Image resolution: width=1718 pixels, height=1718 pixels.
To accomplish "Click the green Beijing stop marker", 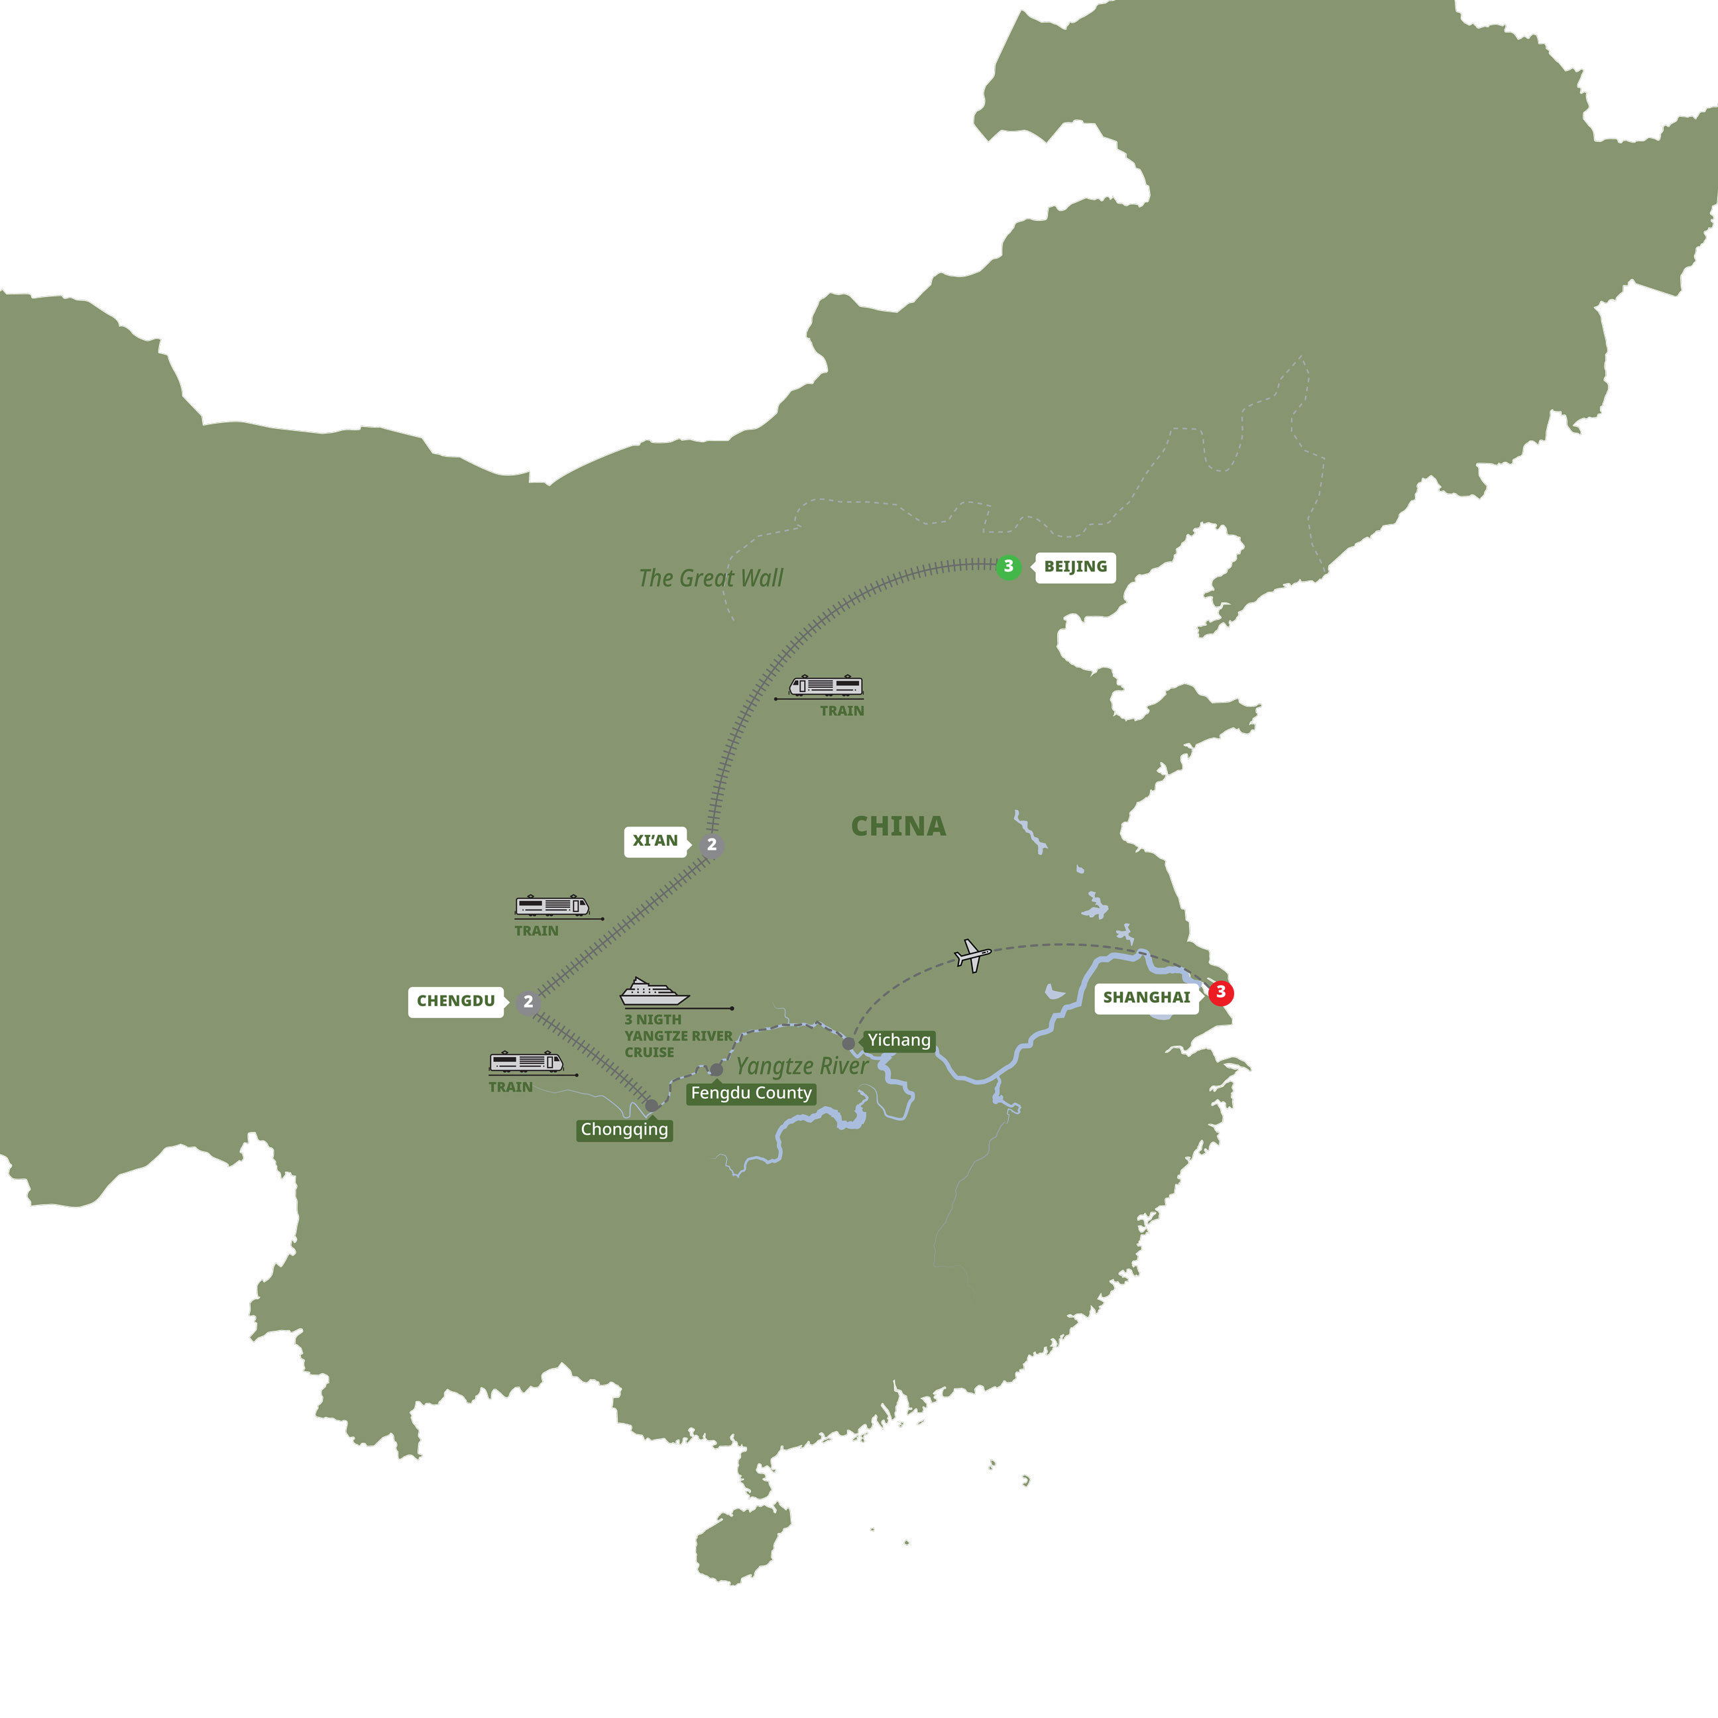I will pyautogui.click(x=1008, y=567).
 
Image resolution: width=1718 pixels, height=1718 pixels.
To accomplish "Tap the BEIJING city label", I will pyautogui.click(x=1075, y=567).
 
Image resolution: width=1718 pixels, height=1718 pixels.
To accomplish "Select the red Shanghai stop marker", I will pyautogui.click(x=1221, y=992).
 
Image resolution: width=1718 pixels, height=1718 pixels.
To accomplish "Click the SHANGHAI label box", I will pyautogui.click(x=1146, y=998).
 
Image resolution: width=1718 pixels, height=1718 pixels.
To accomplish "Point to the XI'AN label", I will pyautogui.click(x=656, y=841).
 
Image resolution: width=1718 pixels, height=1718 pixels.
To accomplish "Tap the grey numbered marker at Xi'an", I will pyautogui.click(x=711, y=845).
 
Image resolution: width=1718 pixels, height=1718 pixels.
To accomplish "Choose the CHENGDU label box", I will pyautogui.click(x=456, y=1002).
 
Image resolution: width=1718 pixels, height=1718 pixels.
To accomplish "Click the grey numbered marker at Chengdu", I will pyautogui.click(x=528, y=1002).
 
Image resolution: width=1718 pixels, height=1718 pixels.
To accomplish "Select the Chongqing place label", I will pyautogui.click(x=624, y=1129).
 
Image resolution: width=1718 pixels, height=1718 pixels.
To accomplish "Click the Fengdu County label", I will pyautogui.click(x=752, y=1093).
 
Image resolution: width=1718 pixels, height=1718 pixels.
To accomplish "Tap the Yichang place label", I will pyautogui.click(x=899, y=1041).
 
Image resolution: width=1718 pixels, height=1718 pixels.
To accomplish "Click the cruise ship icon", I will pyautogui.click(x=654, y=992).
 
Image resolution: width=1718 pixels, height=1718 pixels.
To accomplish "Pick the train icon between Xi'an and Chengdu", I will pyautogui.click(x=552, y=906).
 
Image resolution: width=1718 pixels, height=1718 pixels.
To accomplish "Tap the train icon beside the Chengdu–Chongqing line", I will pyautogui.click(x=526, y=1062).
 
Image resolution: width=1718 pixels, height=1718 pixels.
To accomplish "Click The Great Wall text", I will pyautogui.click(x=711, y=578).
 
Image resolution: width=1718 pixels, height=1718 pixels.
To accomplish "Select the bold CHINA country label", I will pyautogui.click(x=898, y=826).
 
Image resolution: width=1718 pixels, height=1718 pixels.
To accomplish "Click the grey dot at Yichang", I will pyautogui.click(x=848, y=1044).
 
